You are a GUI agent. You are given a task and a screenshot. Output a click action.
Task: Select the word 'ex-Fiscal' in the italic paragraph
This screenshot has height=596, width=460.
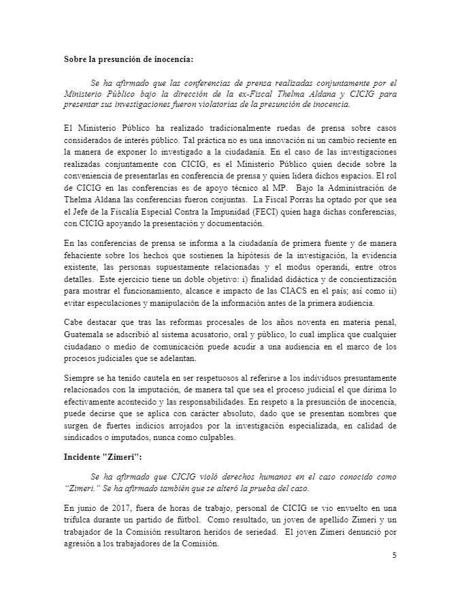[x=259, y=93]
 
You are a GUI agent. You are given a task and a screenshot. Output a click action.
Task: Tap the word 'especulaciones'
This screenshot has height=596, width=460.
[x=104, y=303]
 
